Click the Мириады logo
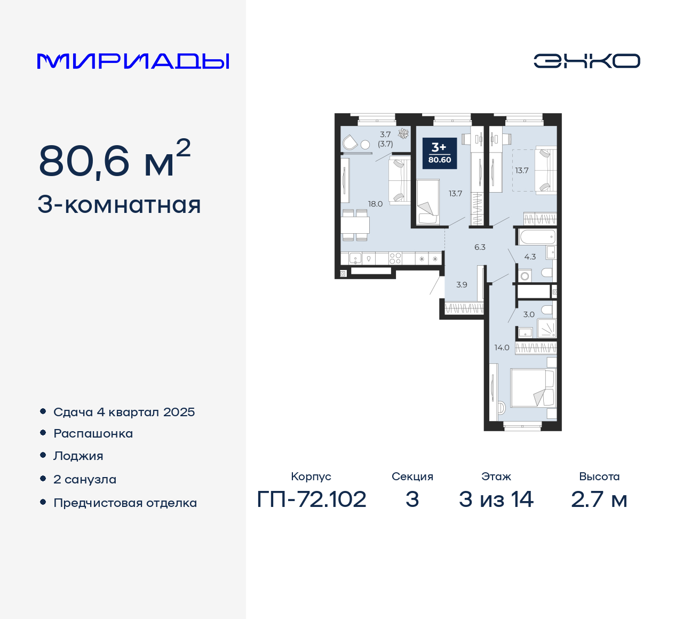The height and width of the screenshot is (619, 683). (133, 61)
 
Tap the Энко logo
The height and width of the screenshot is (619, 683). (586, 61)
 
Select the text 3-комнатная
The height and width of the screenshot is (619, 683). (120, 205)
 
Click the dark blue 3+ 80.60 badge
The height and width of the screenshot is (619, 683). (440, 153)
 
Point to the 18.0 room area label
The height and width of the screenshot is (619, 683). (375, 204)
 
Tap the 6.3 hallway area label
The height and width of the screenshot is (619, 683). (480, 247)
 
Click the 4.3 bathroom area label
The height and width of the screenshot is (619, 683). (530, 257)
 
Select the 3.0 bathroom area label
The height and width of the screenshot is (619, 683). (529, 314)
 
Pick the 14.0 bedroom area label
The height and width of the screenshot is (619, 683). (502, 347)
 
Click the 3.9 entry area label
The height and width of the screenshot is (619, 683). (462, 285)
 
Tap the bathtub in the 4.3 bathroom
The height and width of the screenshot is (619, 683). (536, 236)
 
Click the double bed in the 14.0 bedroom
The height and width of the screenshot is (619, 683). (533, 388)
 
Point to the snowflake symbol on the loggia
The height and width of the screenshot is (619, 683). (403, 133)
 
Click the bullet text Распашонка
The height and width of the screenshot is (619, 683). (93, 433)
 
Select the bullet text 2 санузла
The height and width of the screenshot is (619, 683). (85, 479)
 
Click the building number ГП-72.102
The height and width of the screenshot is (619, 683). (312, 499)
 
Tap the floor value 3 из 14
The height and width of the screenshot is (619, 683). (496, 499)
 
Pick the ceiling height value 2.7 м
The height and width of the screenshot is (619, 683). (599, 499)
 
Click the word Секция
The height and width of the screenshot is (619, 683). (412, 477)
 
